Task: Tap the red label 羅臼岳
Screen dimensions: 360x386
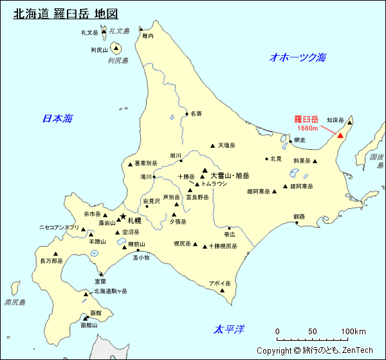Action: pos(306,120)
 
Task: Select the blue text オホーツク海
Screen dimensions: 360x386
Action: pos(298,58)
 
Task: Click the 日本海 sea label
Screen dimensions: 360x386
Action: pos(57,118)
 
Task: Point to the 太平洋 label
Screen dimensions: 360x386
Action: pos(230,330)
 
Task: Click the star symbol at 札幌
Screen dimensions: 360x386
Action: pos(123,217)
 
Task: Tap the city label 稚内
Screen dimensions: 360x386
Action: pos(148,37)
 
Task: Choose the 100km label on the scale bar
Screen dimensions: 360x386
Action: pos(353,332)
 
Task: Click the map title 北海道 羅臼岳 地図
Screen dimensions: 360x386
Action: pos(66,14)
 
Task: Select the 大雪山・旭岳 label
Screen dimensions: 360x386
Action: pos(230,175)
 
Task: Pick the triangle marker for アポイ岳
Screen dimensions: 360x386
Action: pos(223,290)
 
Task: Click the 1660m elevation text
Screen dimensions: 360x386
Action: pos(308,129)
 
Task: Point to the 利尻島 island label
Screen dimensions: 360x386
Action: pos(118,61)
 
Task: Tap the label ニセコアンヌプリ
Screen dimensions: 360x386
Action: pos(59,228)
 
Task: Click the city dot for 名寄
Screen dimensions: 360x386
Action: pos(186,114)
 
